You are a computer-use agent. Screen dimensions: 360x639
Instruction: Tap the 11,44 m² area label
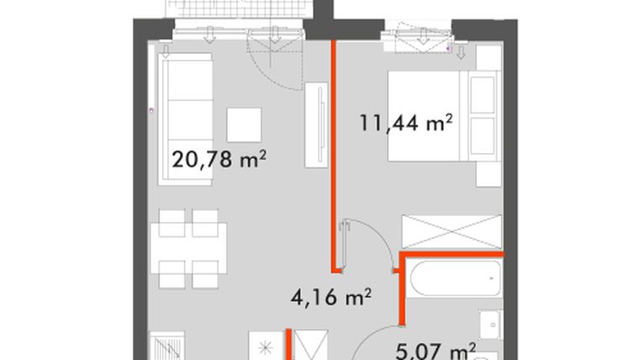coord(407,124)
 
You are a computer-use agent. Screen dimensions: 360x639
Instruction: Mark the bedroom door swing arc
coord(370,240)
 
